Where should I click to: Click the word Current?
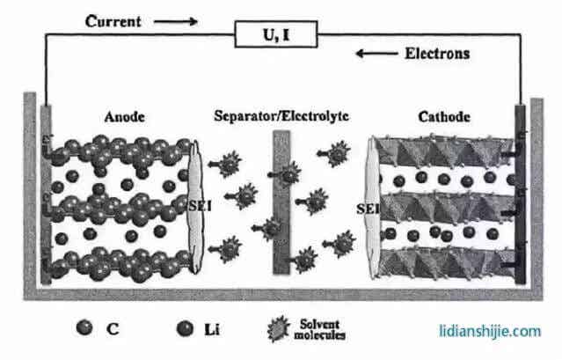pos(114,20)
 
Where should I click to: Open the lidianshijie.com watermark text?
pos(490,331)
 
